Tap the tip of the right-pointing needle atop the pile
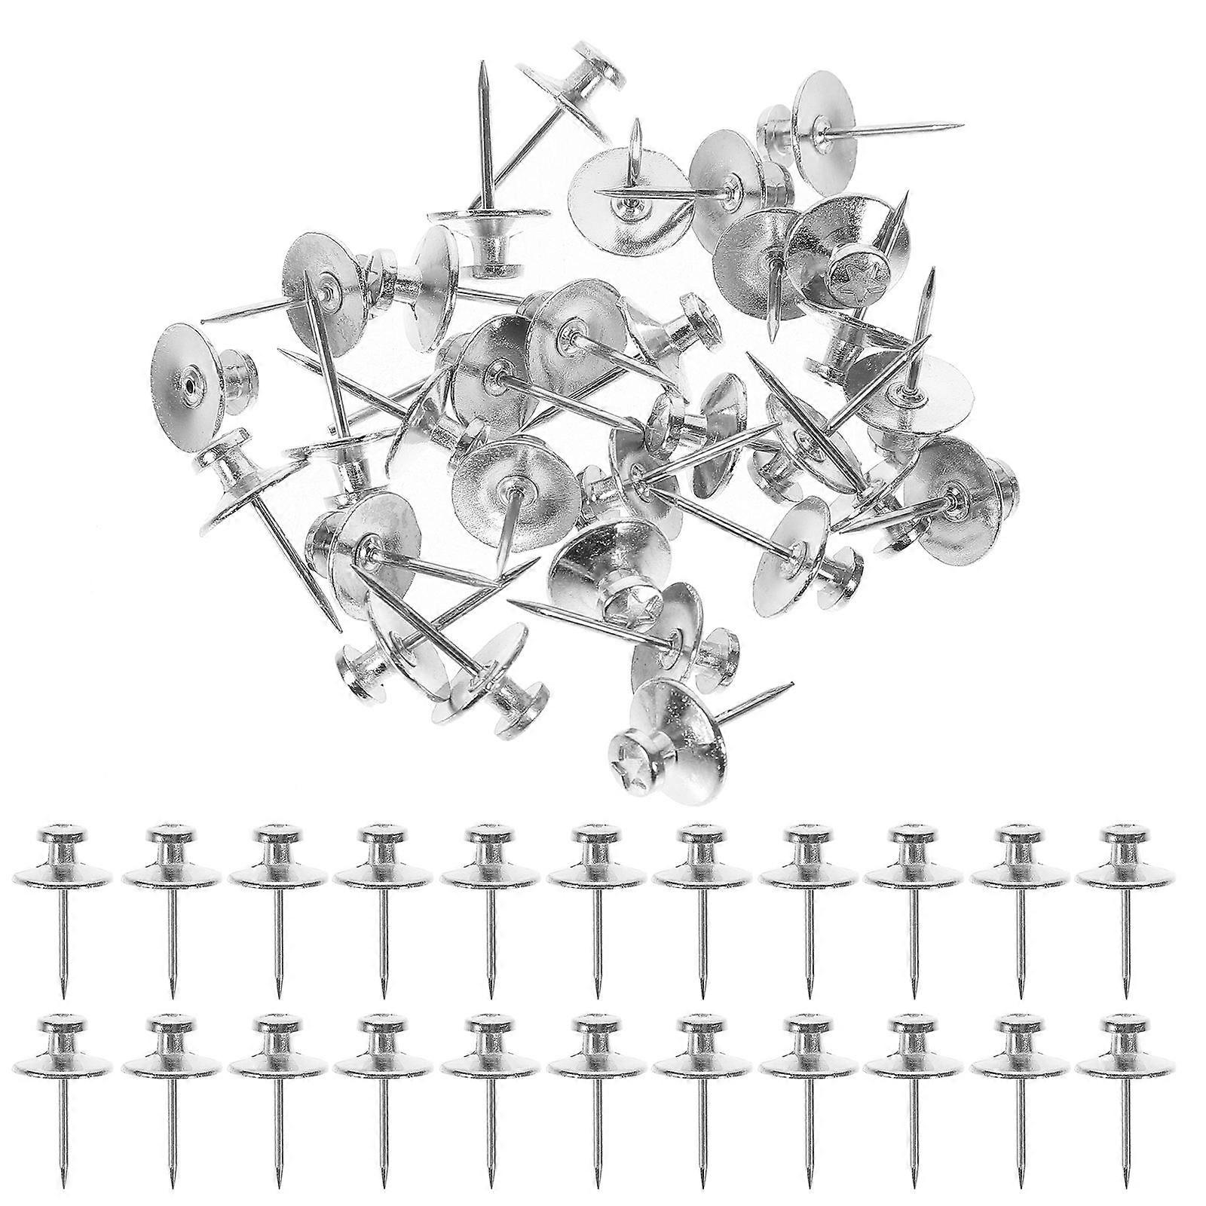(962, 124)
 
